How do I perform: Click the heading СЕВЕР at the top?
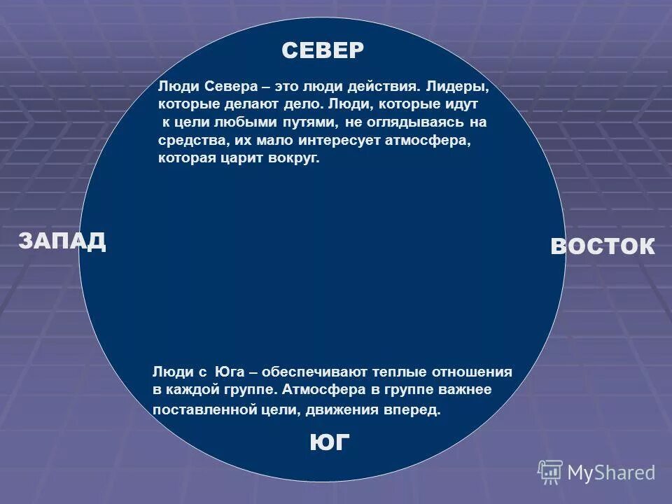(x=323, y=50)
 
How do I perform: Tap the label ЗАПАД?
(x=62, y=241)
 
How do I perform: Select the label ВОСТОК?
(x=603, y=246)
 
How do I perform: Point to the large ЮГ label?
(x=329, y=442)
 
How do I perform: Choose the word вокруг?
(x=294, y=158)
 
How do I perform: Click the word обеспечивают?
(x=305, y=372)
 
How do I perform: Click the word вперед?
(x=412, y=409)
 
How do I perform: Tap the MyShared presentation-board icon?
(x=550, y=472)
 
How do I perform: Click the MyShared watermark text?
(x=612, y=473)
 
